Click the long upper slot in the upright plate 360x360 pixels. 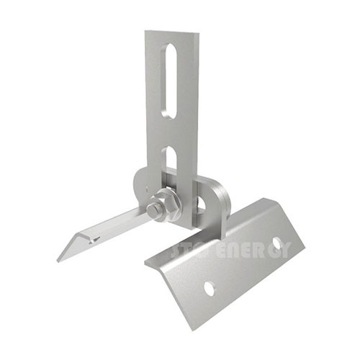coord(170,79)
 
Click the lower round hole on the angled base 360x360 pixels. coord(209,288)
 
